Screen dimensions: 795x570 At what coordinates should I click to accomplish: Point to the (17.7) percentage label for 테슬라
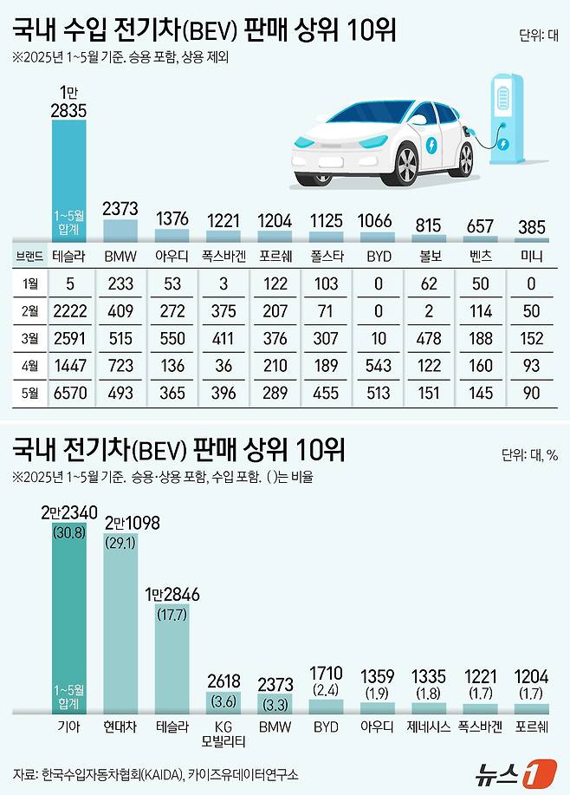(172, 615)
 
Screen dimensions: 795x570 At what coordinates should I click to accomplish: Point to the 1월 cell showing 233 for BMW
(120, 282)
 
